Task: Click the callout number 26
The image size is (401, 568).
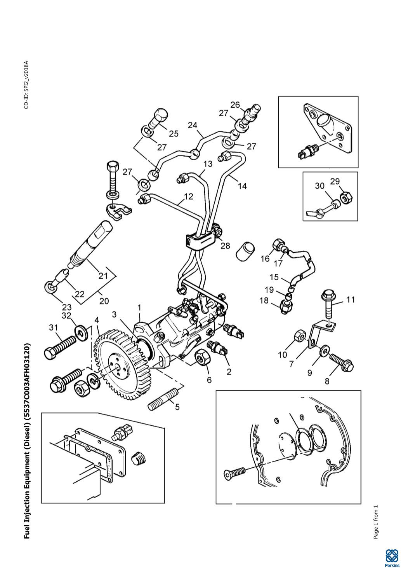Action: click(x=235, y=105)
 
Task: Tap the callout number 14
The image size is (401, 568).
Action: click(x=242, y=186)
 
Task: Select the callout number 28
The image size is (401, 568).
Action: click(x=225, y=246)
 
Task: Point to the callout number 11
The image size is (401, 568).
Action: click(x=351, y=300)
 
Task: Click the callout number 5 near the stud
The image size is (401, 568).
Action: click(x=177, y=407)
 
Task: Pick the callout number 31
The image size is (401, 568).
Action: click(x=53, y=328)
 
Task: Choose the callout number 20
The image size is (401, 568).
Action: click(x=104, y=301)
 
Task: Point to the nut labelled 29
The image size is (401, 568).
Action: click(x=345, y=198)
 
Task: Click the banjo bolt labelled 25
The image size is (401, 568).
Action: click(x=158, y=118)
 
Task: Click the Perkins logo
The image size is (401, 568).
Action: click(x=392, y=556)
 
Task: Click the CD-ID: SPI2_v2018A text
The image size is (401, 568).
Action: click(x=26, y=85)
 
